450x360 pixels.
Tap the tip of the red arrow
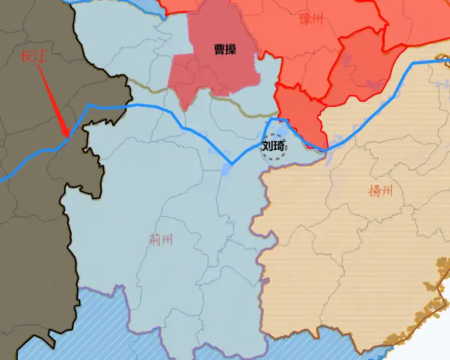[x=67, y=136]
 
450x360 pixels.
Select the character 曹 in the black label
[x=219, y=49]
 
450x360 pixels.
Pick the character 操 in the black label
[x=231, y=49]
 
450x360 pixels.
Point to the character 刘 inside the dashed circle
[x=268, y=146]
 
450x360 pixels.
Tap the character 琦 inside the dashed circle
[x=280, y=146]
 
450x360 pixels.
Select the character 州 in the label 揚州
[x=386, y=190]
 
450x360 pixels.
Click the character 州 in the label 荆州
[x=167, y=240]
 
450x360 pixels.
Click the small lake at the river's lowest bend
[x=227, y=169]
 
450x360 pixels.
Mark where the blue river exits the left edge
[x=2, y=179]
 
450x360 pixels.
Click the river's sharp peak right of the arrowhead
[x=89, y=105]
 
